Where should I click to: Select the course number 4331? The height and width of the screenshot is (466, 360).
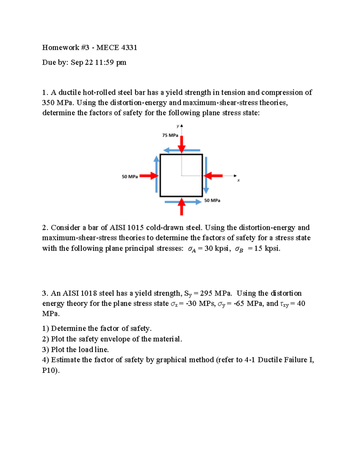129,47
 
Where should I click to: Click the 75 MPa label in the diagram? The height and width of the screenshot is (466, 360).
170,135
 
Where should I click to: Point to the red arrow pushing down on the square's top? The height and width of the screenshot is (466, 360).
181,144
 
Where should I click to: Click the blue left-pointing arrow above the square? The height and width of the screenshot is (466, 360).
181,150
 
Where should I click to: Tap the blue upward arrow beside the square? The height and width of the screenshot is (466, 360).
156,174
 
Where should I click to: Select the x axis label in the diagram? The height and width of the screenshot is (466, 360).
238,180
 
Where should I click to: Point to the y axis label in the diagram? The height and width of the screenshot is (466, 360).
178,126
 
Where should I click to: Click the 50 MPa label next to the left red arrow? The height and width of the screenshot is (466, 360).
130,177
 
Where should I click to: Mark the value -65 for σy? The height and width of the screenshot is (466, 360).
239,304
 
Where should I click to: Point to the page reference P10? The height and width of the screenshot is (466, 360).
50,370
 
